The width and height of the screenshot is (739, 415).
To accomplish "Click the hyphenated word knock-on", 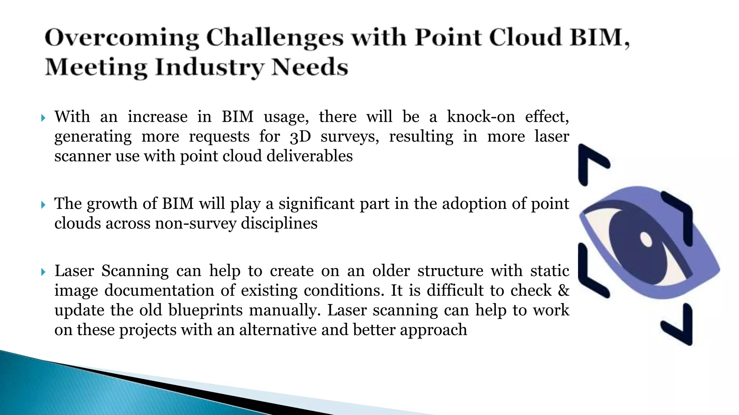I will tap(481, 117).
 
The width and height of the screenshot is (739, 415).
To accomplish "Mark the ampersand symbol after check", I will tap(563, 290).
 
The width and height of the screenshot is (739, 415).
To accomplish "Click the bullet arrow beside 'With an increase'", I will tap(43, 118).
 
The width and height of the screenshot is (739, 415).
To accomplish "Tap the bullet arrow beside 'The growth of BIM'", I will tap(43, 205).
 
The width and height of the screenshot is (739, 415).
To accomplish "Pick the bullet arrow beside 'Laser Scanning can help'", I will tap(43, 272).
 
